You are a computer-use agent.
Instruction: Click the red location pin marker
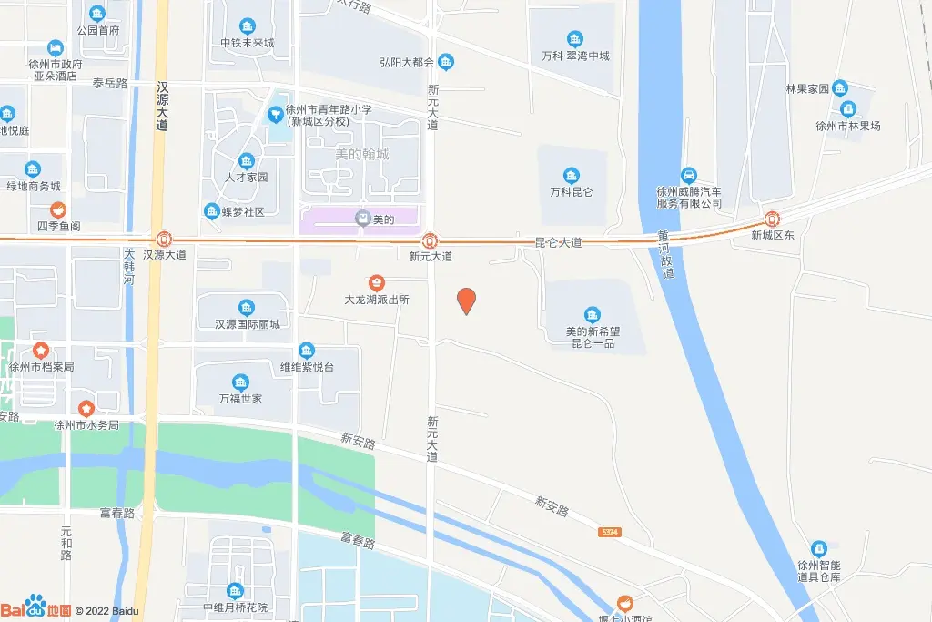coord(466,301)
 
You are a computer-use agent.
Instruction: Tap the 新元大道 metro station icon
coord(431,241)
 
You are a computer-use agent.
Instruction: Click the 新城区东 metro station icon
coord(772,219)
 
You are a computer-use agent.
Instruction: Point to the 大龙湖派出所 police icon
coord(376,283)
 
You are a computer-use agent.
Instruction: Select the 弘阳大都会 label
coord(405,63)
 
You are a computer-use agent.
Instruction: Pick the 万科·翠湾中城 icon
coord(575,39)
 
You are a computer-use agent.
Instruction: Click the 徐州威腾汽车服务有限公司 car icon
coord(689,175)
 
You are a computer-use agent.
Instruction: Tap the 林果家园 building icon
coord(839,88)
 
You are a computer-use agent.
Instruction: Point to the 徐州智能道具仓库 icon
coord(818,548)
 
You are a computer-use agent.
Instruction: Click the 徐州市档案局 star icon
coord(41,351)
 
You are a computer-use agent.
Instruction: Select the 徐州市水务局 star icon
coord(86,408)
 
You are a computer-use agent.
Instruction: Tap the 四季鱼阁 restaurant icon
coord(57,209)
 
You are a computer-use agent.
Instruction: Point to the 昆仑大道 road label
coord(558,243)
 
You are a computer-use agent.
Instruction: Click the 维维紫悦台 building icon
coord(307,351)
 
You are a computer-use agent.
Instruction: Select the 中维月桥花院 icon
coord(236,591)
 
